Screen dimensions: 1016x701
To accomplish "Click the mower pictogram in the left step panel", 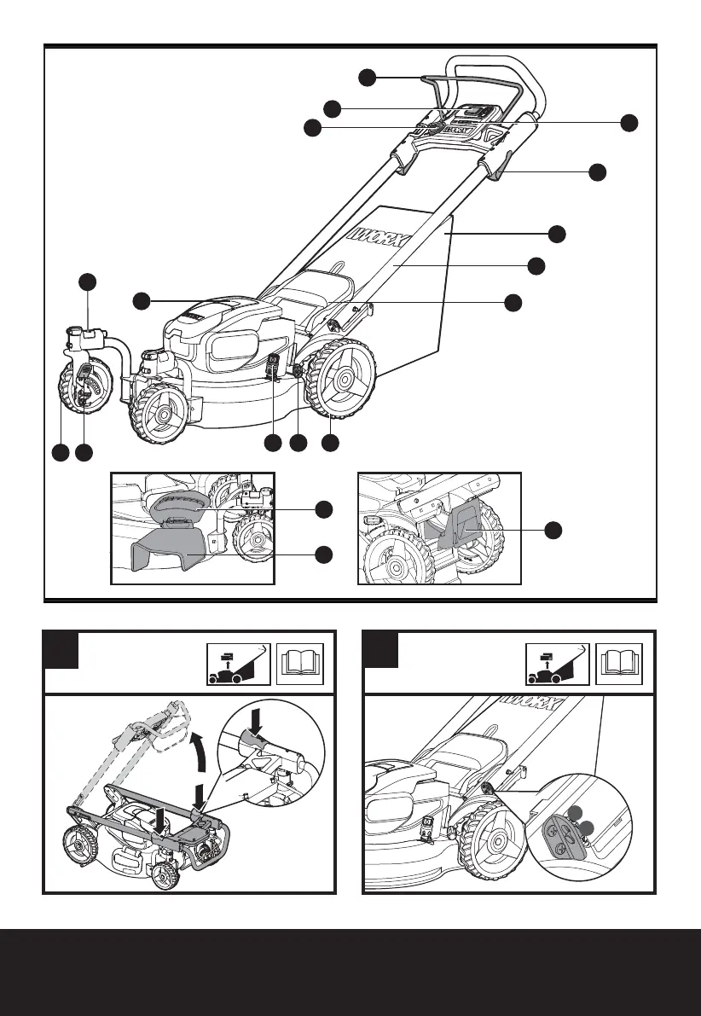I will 239,665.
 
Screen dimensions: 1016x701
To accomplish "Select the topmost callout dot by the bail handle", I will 367,77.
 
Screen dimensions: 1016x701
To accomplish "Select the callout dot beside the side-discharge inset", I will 553,529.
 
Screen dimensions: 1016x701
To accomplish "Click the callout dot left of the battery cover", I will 142,299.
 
